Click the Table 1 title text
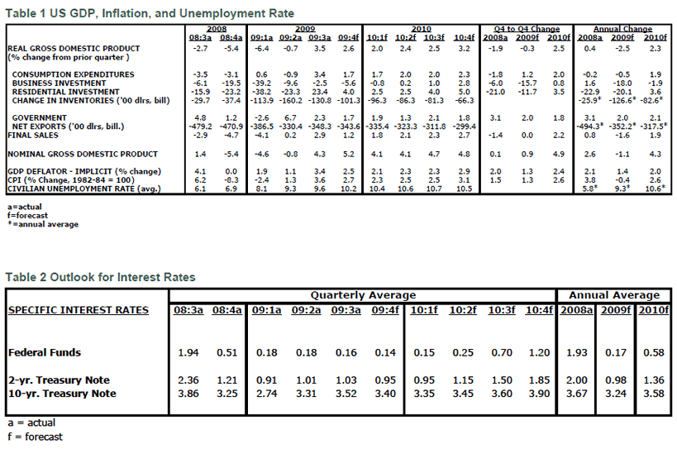150,14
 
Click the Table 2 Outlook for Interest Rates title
101,277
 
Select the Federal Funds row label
45,352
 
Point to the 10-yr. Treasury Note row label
62,393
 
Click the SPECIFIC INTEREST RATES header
79,310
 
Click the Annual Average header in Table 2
613,295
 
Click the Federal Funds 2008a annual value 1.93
575,352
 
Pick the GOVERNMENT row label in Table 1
41,118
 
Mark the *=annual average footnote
42,224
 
